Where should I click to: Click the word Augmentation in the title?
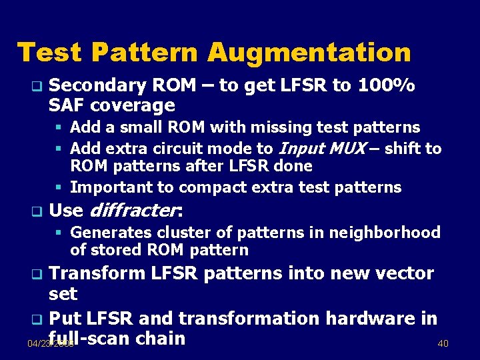coord(309,52)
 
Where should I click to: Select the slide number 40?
coord(443,343)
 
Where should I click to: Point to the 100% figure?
coord(387,86)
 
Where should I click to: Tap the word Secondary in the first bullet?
coord(98,86)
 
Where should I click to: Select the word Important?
coord(110,187)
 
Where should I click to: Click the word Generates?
coord(109,233)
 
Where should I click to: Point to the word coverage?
coord(132,105)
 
